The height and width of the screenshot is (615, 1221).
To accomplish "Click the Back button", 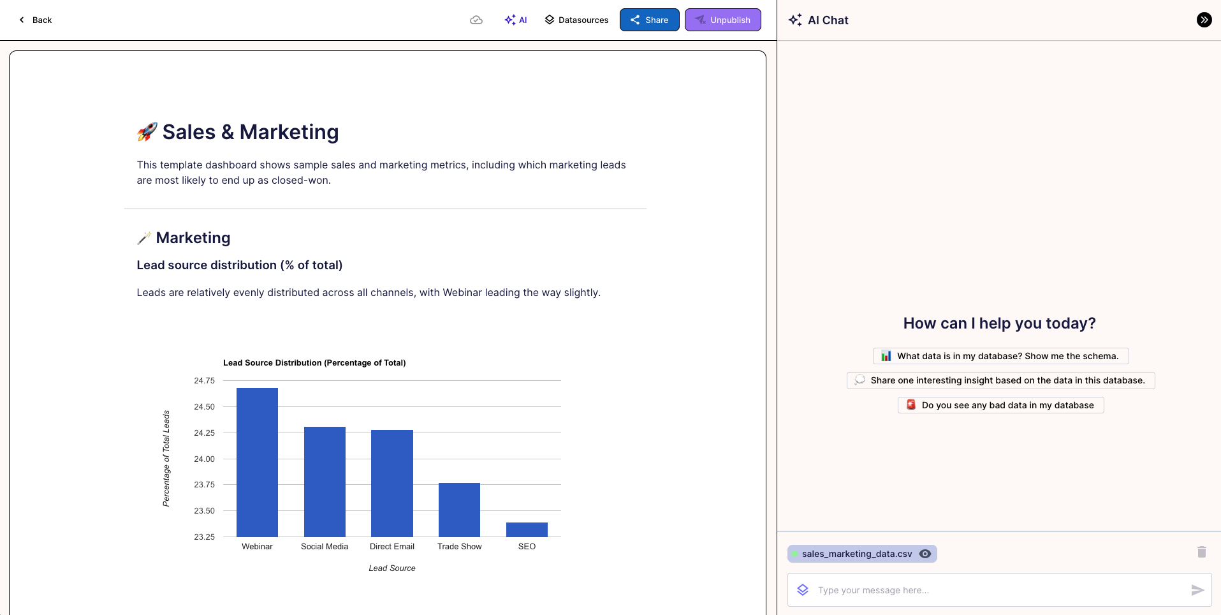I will (x=36, y=20).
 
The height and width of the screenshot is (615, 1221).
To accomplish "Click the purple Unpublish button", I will (x=722, y=20).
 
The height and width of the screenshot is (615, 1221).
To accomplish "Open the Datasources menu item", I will (x=576, y=20).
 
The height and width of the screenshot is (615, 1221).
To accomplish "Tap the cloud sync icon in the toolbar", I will (x=476, y=20).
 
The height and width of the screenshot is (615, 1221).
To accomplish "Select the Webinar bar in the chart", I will (x=257, y=462).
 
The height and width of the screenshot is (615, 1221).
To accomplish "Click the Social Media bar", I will (x=325, y=482).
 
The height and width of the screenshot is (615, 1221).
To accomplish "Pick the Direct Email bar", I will (x=392, y=483).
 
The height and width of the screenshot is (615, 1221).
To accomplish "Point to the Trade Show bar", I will (x=459, y=510).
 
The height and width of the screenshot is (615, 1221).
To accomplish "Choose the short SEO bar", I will (x=527, y=530).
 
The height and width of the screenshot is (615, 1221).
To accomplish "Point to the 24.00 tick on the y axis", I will (x=204, y=459).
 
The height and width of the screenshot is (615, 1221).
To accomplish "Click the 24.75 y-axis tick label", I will (x=204, y=381).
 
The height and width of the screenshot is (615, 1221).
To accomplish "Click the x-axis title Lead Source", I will (x=391, y=568).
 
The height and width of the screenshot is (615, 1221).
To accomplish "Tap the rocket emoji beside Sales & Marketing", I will (x=147, y=132).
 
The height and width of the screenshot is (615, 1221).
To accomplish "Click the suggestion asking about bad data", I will (x=1000, y=405).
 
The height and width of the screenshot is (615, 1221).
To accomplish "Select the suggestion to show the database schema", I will (x=1000, y=356).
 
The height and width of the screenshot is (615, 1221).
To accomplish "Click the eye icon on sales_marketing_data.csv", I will (x=925, y=554).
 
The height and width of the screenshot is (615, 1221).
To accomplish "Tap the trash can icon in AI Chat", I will (x=1202, y=552).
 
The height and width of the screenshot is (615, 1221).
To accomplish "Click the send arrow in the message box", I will (x=1197, y=590).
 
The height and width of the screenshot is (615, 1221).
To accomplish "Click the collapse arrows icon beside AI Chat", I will (x=1204, y=20).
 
